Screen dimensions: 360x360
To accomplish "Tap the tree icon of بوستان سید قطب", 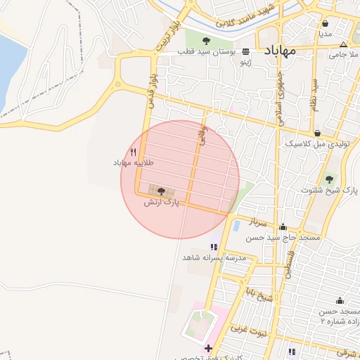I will (207, 41).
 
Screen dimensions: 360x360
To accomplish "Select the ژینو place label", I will (245, 63).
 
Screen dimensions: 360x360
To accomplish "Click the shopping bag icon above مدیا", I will (324, 23).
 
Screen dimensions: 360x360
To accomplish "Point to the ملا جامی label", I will (345, 54).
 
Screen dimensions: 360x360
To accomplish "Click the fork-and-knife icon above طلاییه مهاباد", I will (133, 152).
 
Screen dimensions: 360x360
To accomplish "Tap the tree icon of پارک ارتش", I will (161, 191).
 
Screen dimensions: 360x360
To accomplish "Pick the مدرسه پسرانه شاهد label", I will (214, 257).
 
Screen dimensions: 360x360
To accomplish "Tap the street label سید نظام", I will (314, 95).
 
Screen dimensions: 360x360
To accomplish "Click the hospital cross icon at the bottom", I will (207, 348).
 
